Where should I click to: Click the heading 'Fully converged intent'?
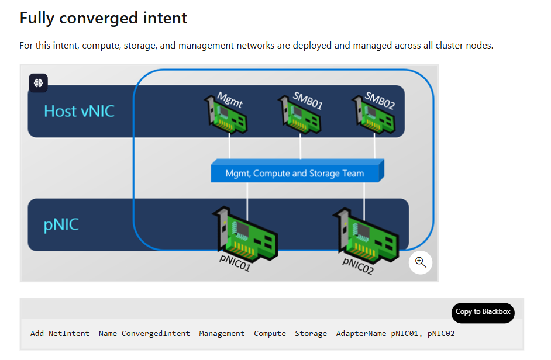click(x=104, y=18)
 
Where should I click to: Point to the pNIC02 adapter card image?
click(x=365, y=234)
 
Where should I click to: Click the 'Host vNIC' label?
click(x=79, y=111)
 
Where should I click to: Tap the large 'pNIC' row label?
click(x=61, y=224)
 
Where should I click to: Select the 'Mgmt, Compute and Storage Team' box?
click(x=295, y=173)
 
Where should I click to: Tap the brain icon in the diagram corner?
click(x=39, y=83)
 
